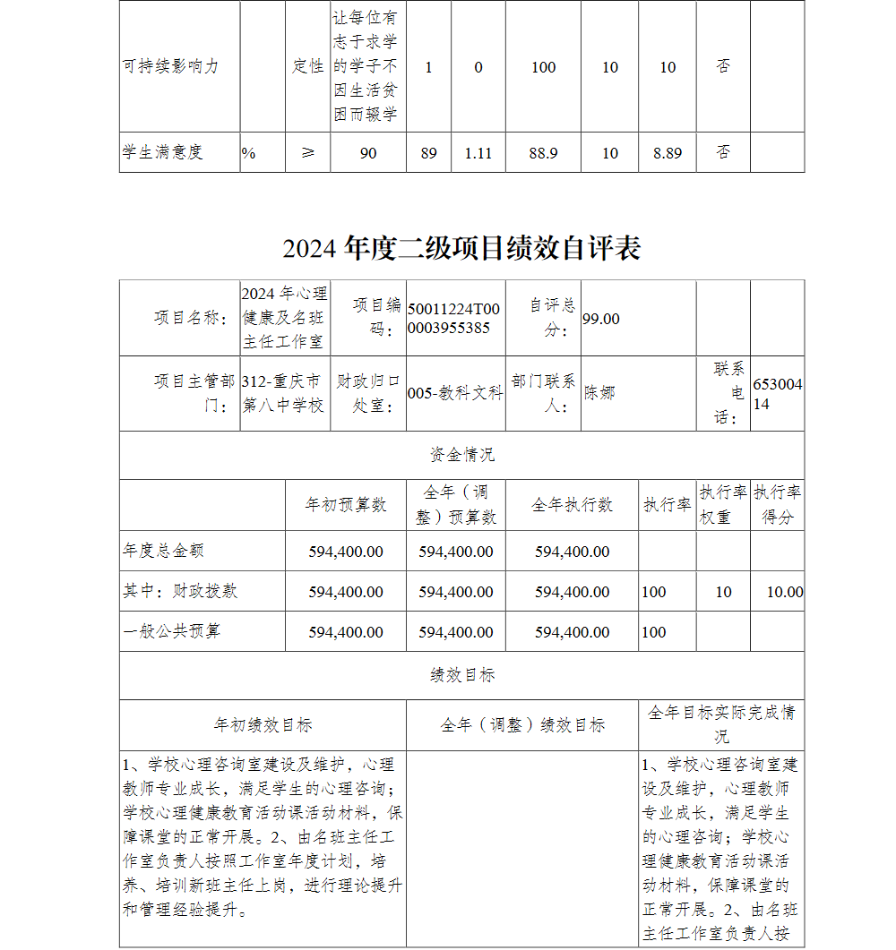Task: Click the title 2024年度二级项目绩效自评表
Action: pyautogui.click(x=461, y=248)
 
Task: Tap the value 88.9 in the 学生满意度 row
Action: pyautogui.click(x=543, y=153)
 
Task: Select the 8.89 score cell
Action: pyautogui.click(x=668, y=153)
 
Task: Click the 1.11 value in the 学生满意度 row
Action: pyautogui.click(x=478, y=153)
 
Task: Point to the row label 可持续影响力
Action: pyautogui.click(x=170, y=67)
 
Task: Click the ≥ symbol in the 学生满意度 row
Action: pyautogui.click(x=307, y=153)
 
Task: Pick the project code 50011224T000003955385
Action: pyautogui.click(x=453, y=319)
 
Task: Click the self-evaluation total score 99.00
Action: pyautogui.click(x=600, y=319)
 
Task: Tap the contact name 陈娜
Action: pyautogui.click(x=599, y=392)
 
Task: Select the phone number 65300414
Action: pyautogui.click(x=777, y=394)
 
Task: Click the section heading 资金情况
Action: pyautogui.click(x=461, y=455)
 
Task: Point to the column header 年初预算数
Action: pyautogui.click(x=346, y=505)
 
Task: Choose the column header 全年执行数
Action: pyautogui.click(x=572, y=505)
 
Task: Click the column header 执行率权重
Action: pyautogui.click(x=723, y=505)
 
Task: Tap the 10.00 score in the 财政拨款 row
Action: pyautogui.click(x=785, y=592)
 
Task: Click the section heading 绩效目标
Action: pyautogui.click(x=461, y=675)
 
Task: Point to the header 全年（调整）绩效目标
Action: pyautogui.click(x=522, y=725)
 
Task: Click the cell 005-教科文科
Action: pyautogui.click(x=455, y=393)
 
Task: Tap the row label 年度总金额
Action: pyautogui.click(x=164, y=552)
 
